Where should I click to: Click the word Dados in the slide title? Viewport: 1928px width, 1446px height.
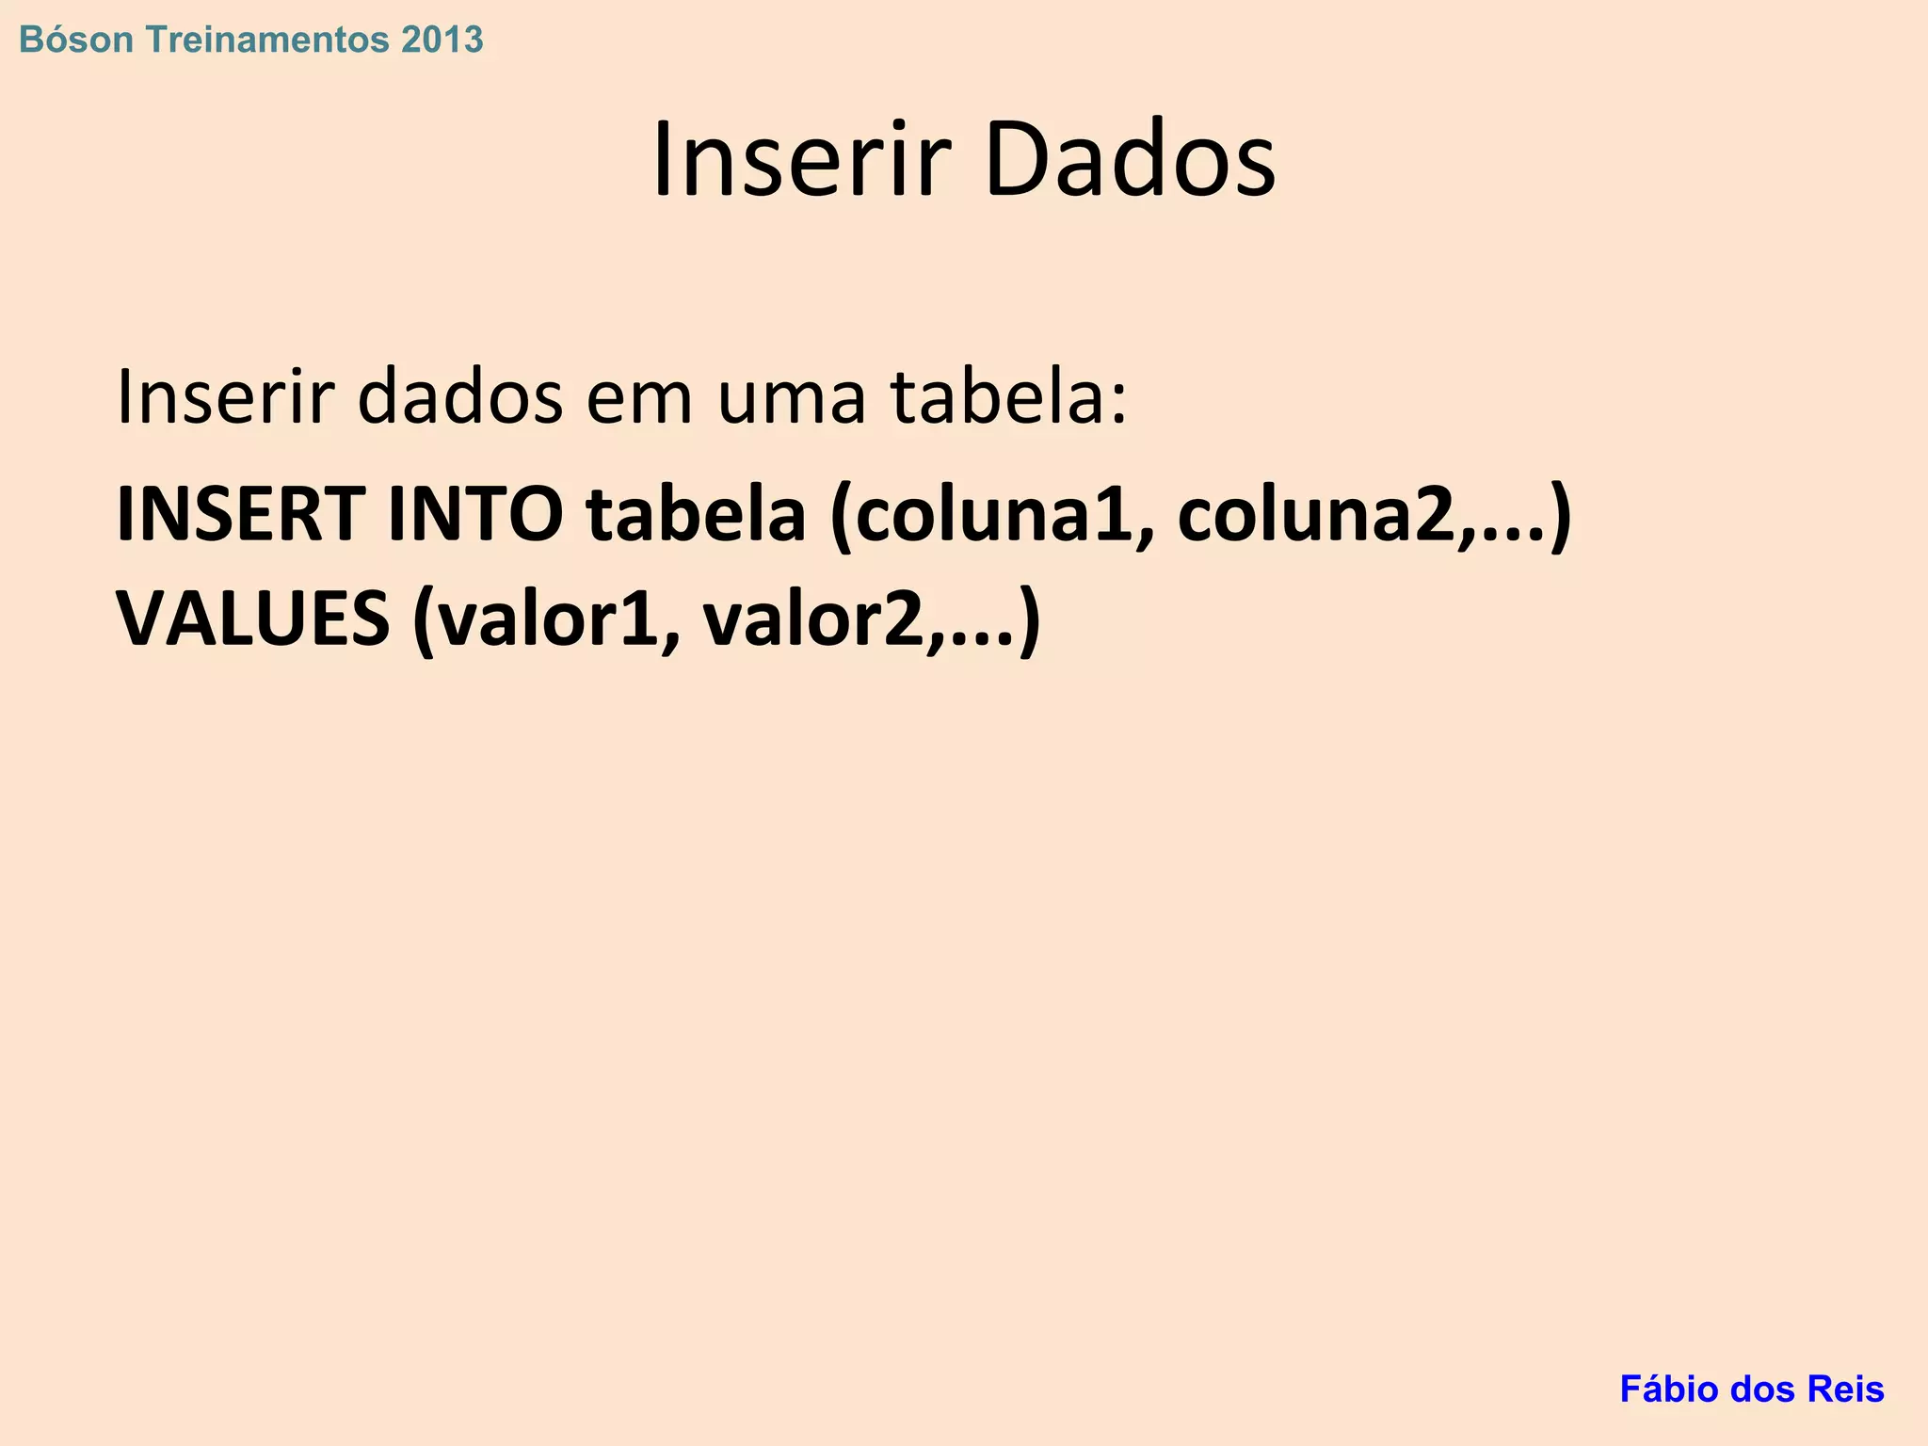pyautogui.click(x=1130, y=160)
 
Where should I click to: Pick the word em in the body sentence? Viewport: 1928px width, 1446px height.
pyautogui.click(x=640, y=397)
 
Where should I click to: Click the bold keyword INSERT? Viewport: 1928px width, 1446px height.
pyautogui.click(x=241, y=514)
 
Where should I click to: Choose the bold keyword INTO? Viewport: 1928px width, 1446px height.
pyautogui.click(x=475, y=514)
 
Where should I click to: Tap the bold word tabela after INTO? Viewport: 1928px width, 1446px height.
pyautogui.click(x=696, y=514)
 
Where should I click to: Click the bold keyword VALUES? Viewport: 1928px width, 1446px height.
pyautogui.click(x=252, y=619)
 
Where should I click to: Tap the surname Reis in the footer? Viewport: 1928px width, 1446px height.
pyautogui.click(x=1849, y=1389)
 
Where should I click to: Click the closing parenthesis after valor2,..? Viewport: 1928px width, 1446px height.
pyautogui.click(x=1030, y=621)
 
